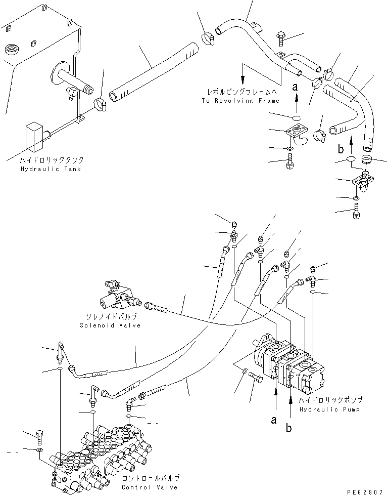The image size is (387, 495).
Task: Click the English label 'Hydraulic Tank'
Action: pos(51,169)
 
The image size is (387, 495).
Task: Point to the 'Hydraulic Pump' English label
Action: pos(329,409)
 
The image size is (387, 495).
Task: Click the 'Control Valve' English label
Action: pos(150,487)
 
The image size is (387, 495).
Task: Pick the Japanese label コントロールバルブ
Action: pos(150,478)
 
